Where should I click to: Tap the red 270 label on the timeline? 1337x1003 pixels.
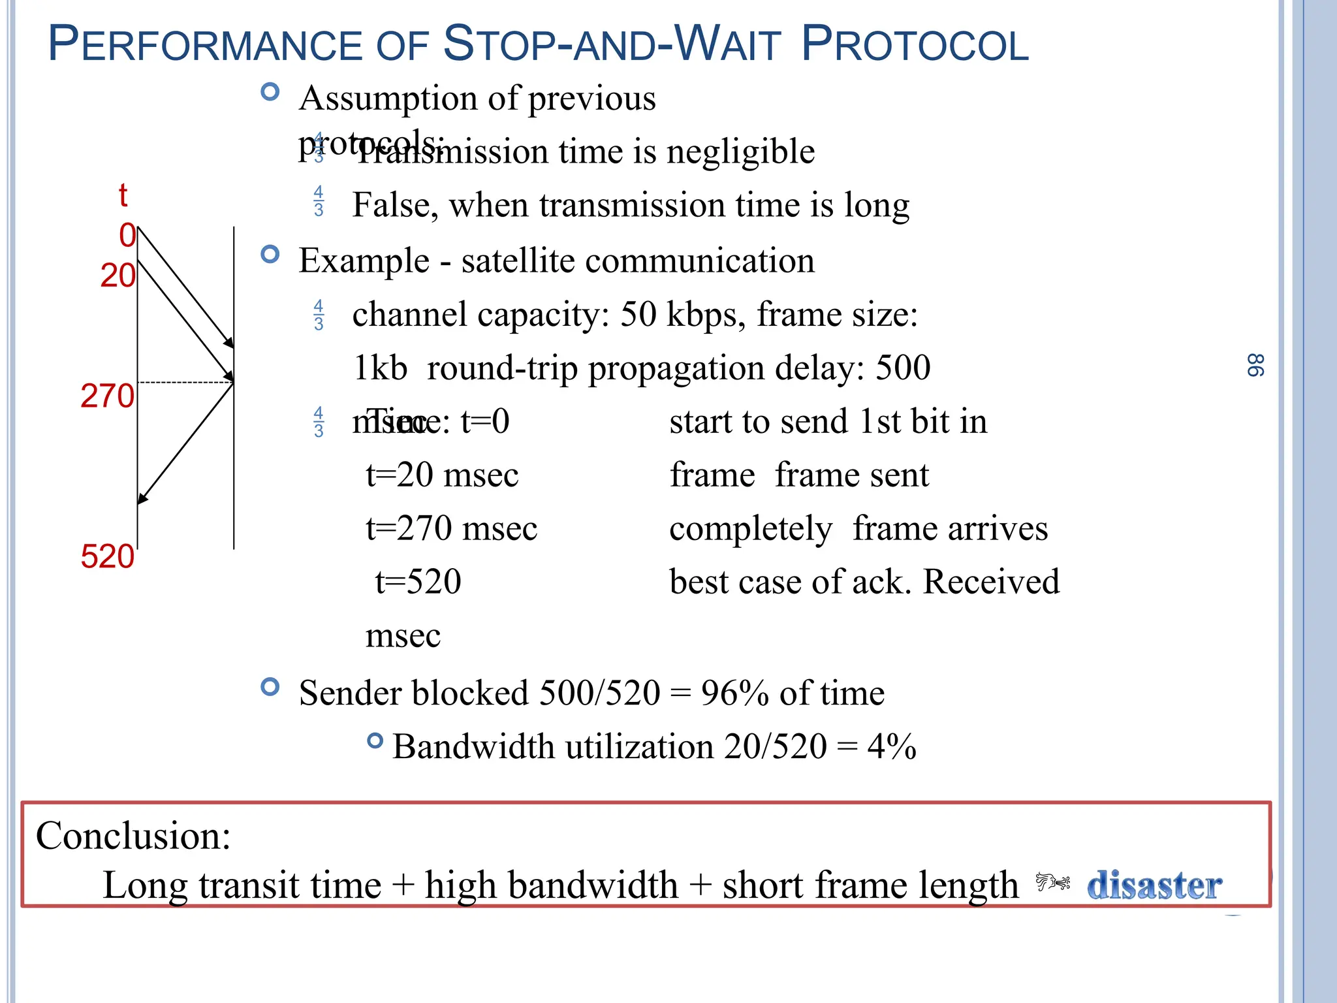(107, 396)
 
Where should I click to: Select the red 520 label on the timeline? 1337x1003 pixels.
(107, 557)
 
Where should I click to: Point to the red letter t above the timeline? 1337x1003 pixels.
(123, 195)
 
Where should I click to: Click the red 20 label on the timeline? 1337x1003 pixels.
(118, 276)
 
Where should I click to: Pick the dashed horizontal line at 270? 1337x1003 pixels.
(185, 382)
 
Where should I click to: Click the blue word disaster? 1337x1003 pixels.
(1154, 885)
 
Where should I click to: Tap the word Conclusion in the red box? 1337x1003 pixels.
(133, 836)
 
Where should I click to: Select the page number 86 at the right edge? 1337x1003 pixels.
(1255, 366)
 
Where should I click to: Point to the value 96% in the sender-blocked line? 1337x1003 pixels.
(734, 693)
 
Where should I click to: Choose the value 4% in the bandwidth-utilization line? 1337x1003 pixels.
(891, 746)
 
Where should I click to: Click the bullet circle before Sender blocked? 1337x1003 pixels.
(270, 686)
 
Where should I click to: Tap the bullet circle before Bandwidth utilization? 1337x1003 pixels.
(375, 740)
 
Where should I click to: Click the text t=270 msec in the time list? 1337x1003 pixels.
(451, 528)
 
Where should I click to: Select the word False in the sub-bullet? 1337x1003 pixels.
(391, 205)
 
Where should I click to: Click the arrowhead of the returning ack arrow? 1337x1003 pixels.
(142, 499)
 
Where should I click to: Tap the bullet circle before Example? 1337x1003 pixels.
(270, 254)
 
